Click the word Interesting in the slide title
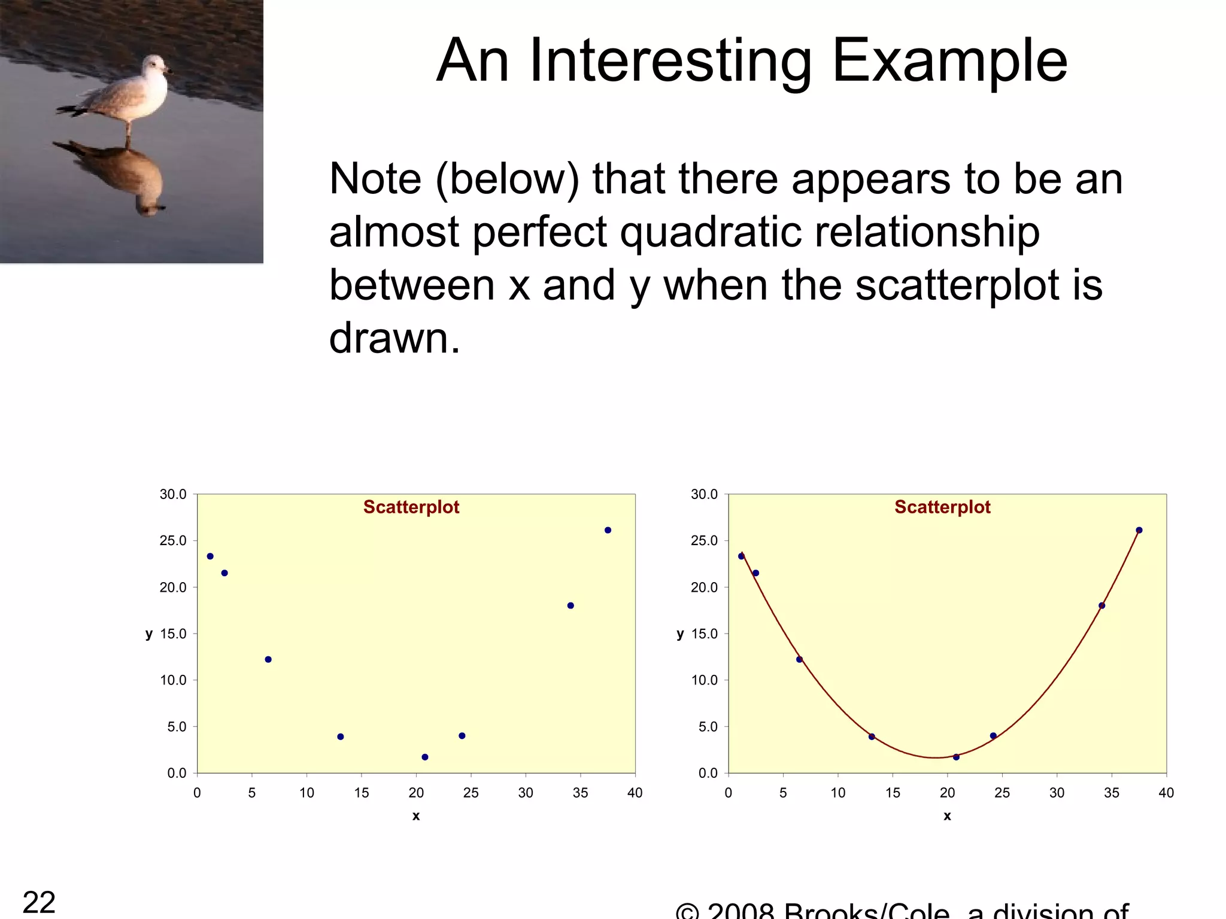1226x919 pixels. (x=670, y=61)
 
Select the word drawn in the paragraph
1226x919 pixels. (x=394, y=339)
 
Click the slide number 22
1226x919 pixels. (x=39, y=901)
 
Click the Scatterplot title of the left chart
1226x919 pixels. (x=411, y=507)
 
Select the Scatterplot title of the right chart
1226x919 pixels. (x=942, y=507)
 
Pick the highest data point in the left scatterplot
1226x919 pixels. (x=608, y=530)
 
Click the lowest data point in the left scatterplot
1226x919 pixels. (x=425, y=757)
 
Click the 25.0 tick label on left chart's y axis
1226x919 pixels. (x=173, y=541)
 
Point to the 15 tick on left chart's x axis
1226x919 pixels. (x=362, y=793)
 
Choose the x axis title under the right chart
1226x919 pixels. (x=947, y=816)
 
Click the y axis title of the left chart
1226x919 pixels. (x=149, y=634)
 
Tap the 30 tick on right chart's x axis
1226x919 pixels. (x=1057, y=793)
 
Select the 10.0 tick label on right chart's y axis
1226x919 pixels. (x=704, y=680)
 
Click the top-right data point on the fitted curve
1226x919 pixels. (x=1139, y=530)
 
